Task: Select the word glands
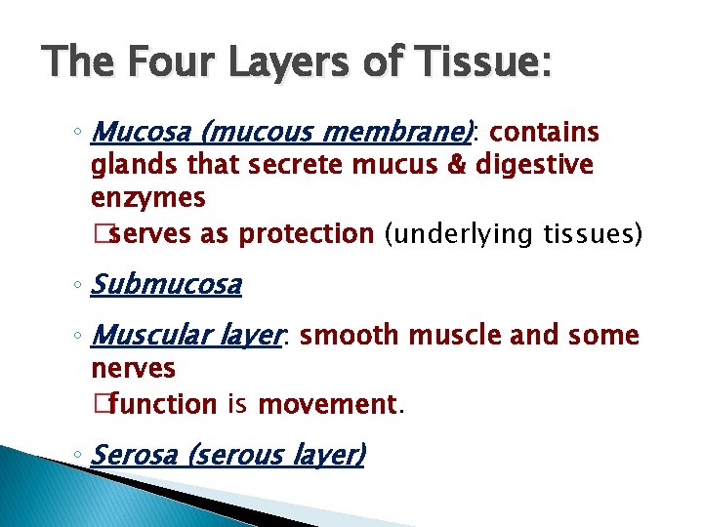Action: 126,166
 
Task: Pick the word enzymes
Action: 147,199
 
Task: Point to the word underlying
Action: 458,235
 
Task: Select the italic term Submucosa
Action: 166,285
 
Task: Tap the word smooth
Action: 347,337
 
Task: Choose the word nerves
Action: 133,369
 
